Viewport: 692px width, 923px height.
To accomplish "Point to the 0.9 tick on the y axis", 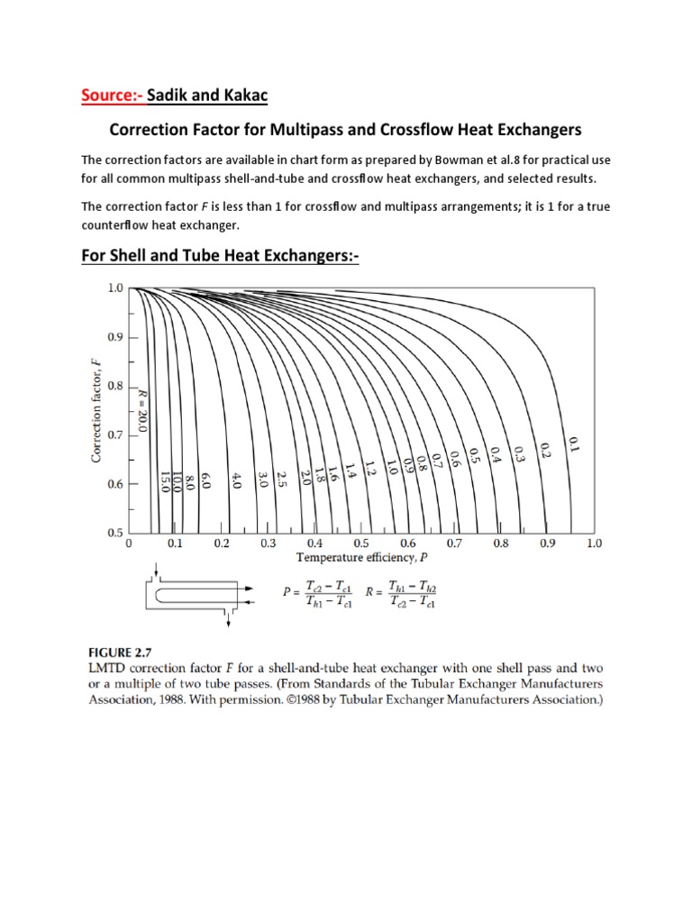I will pyautogui.click(x=114, y=337).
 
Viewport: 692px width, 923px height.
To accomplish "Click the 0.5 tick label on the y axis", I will pyautogui.click(x=114, y=533).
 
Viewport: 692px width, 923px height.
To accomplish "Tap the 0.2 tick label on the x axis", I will pyautogui.click(x=222, y=544).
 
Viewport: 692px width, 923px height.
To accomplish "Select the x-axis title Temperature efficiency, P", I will pyautogui.click(x=361, y=559).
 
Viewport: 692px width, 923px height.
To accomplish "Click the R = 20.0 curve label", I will pyautogui.click(x=143, y=410).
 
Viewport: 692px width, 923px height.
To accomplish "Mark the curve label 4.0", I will pyautogui.click(x=237, y=479).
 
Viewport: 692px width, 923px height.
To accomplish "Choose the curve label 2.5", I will pyautogui.click(x=282, y=479).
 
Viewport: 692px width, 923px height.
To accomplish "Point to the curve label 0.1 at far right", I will pyautogui.click(x=572, y=443).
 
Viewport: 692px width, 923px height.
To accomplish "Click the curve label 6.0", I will pyautogui.click(x=205, y=479).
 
